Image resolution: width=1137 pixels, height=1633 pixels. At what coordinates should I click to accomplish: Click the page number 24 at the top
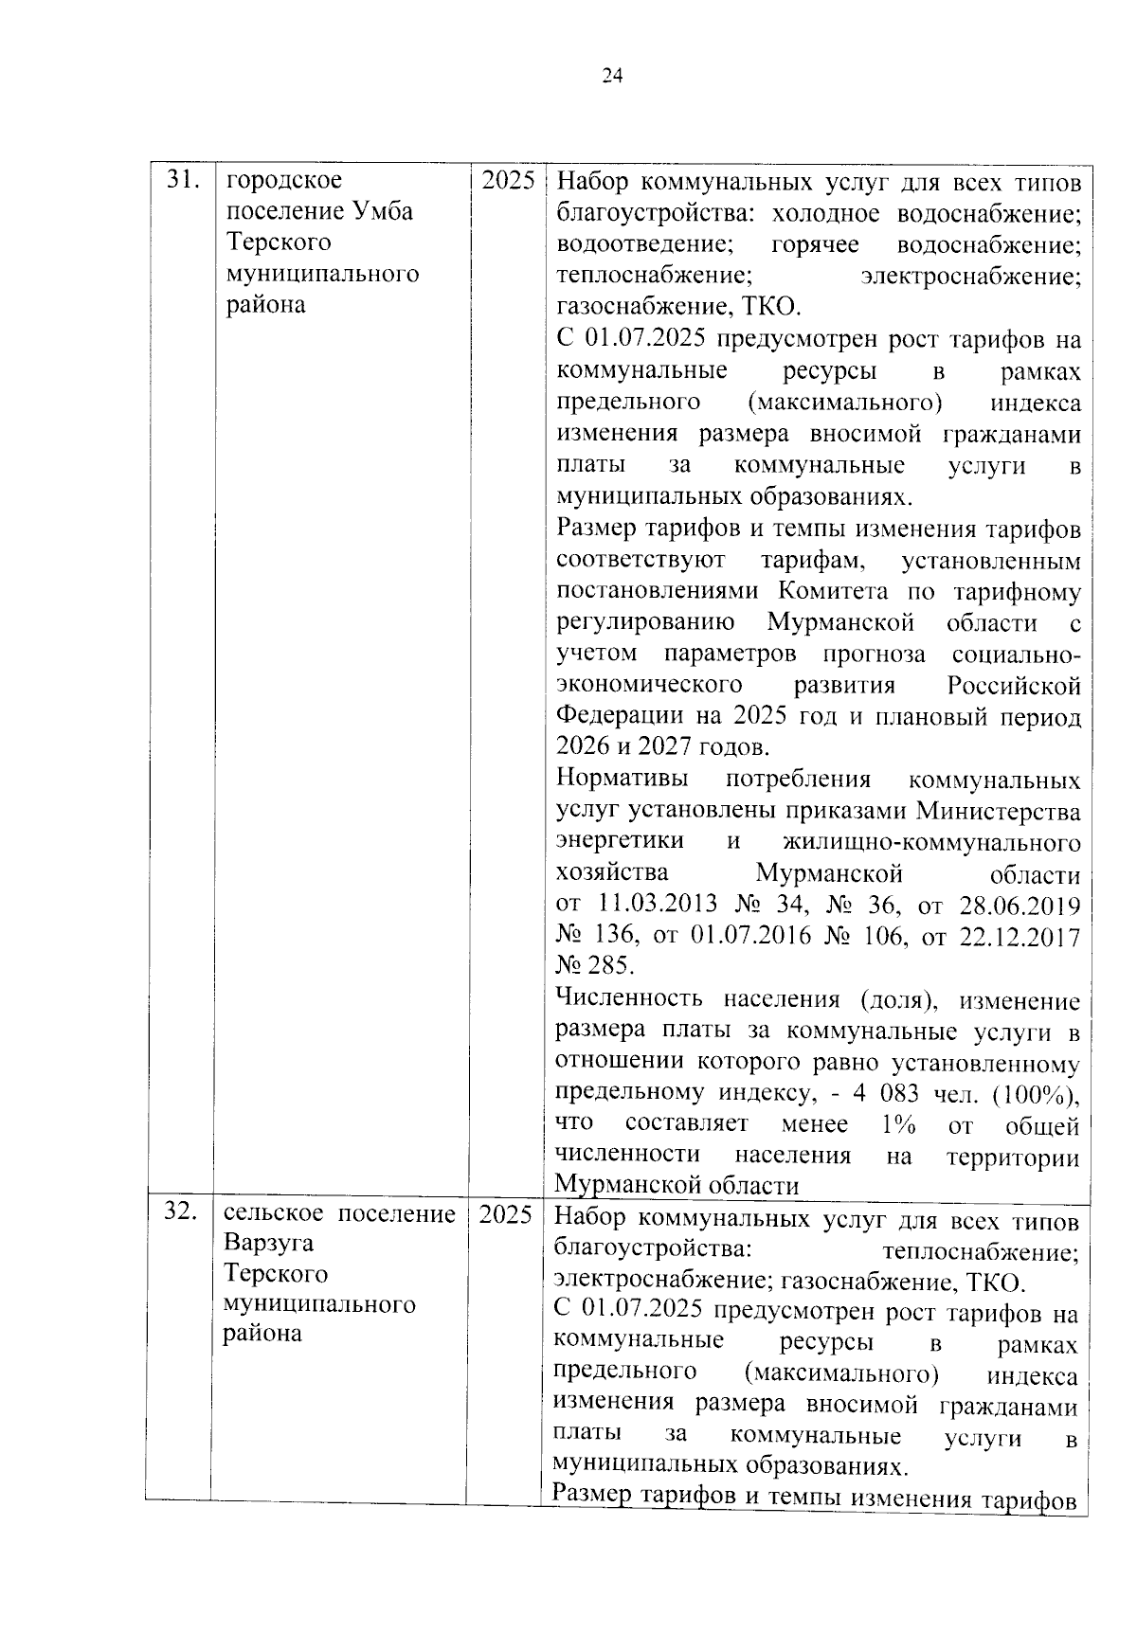click(x=612, y=77)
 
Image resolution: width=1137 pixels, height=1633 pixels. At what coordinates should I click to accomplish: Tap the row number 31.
click(x=183, y=180)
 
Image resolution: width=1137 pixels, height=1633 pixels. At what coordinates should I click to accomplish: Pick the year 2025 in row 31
click(x=508, y=180)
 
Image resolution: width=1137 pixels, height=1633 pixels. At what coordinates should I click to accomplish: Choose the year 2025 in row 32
click(x=505, y=1213)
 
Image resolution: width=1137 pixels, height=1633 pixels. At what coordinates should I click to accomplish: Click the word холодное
click(x=827, y=213)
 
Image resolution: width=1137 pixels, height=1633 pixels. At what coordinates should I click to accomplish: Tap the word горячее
click(x=815, y=244)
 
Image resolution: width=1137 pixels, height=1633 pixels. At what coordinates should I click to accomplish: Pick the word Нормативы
click(x=622, y=780)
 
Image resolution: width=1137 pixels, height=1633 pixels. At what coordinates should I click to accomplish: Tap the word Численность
click(x=628, y=998)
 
